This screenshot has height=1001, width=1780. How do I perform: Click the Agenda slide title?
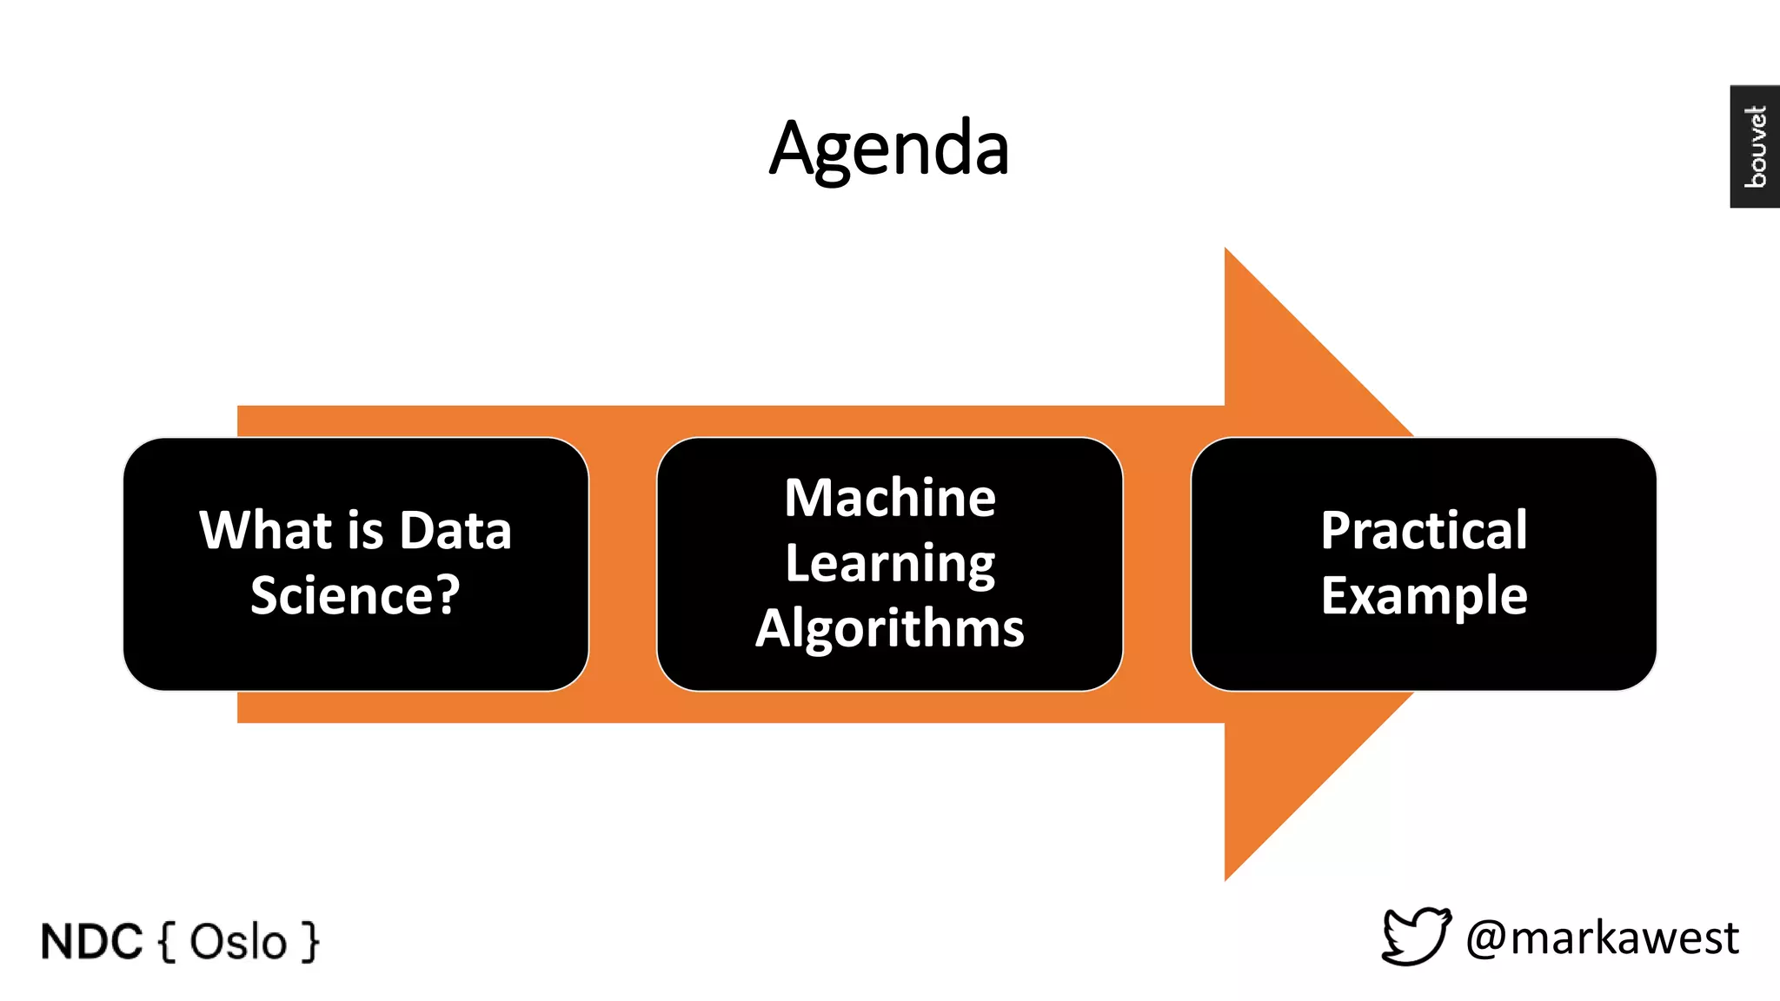(889, 149)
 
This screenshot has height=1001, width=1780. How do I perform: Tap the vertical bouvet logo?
(1755, 146)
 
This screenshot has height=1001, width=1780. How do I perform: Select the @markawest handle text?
(1602, 938)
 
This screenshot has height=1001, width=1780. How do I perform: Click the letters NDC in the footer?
(91, 942)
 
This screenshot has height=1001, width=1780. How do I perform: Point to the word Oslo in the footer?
(238, 942)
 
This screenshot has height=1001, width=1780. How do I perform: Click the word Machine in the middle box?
(890, 498)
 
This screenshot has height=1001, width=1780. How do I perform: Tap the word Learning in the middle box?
(890, 564)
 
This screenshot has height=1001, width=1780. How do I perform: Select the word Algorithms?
(890, 627)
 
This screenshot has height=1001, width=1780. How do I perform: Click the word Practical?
(1424, 530)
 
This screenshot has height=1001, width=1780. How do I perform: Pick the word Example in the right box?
(1424, 596)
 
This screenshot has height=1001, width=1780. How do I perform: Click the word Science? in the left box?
(355, 596)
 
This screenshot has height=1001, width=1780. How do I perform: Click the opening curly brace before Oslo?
(168, 942)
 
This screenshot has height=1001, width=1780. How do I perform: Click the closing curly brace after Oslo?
(309, 942)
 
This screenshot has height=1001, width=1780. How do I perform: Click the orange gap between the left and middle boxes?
(622, 565)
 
